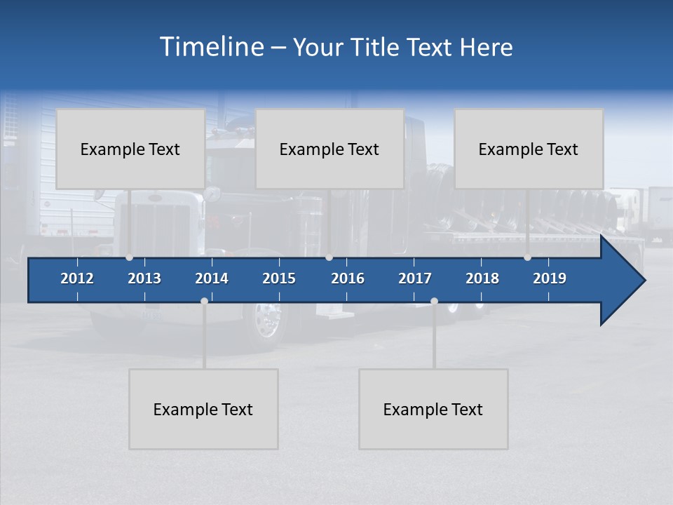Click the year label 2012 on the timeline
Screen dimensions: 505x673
point(77,278)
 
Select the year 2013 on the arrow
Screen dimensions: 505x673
point(144,278)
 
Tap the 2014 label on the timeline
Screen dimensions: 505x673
point(212,278)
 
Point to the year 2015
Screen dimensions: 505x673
point(279,278)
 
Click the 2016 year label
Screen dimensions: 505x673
point(348,278)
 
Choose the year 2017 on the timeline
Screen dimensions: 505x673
point(415,278)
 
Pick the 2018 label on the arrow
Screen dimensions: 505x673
point(482,278)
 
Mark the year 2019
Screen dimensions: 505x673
point(550,278)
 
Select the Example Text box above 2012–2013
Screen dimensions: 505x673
point(130,149)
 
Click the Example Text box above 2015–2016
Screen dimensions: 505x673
point(329,149)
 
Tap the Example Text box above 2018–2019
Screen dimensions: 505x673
point(529,149)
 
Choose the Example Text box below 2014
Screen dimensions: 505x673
point(203,409)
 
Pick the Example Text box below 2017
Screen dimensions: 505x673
point(433,409)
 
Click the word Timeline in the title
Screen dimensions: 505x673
point(210,46)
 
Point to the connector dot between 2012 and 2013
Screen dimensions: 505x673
point(130,257)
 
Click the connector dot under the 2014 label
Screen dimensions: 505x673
point(204,301)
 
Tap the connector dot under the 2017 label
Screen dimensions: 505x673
point(434,301)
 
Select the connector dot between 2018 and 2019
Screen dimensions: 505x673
point(528,257)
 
